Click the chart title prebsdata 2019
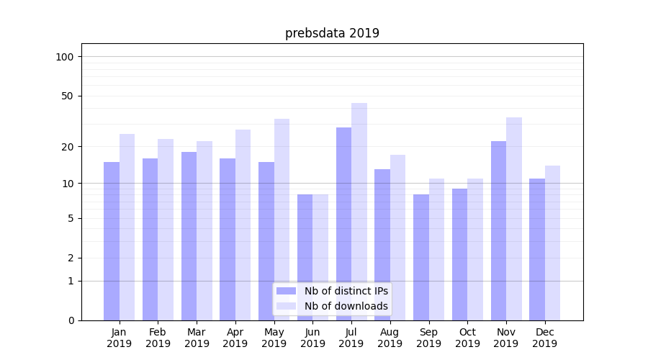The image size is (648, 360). tap(332, 33)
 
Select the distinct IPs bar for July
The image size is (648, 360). tap(343, 223)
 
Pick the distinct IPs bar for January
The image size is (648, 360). tap(112, 240)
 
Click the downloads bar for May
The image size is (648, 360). tap(282, 219)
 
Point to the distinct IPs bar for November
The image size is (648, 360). tap(498, 230)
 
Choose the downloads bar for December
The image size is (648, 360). tap(552, 243)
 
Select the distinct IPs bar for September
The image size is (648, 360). tap(421, 257)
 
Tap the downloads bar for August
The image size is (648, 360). tap(397, 237)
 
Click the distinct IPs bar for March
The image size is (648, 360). tap(189, 235)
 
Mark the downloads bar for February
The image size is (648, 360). tap(166, 229)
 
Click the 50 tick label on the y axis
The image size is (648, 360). tap(68, 96)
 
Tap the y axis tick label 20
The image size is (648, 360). tap(68, 147)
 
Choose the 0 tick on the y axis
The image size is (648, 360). tap(71, 320)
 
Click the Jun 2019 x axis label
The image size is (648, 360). tap(312, 338)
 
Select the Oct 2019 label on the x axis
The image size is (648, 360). tap(467, 338)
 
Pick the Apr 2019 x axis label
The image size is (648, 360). tap(235, 338)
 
